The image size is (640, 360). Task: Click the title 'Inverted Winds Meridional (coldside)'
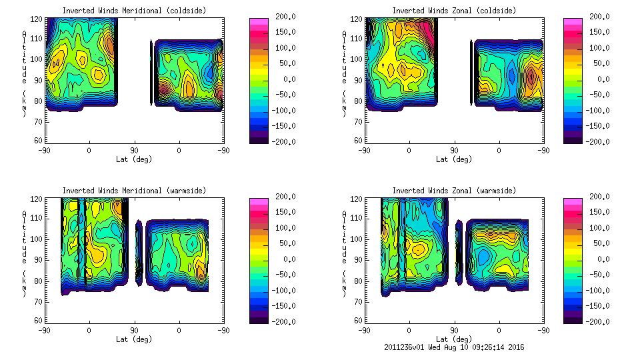[x=135, y=11]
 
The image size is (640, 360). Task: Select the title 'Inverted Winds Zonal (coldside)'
[x=454, y=11]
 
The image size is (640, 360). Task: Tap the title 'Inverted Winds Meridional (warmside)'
[x=135, y=191]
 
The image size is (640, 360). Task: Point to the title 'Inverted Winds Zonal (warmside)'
[x=454, y=191]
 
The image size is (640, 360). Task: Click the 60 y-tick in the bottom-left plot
[x=39, y=321]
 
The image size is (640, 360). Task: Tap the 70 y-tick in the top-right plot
[x=359, y=123]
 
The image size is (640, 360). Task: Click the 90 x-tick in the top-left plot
[x=134, y=151]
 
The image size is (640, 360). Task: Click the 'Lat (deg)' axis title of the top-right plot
[x=454, y=159]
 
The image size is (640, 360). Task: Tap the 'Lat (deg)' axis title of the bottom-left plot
[x=135, y=339]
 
